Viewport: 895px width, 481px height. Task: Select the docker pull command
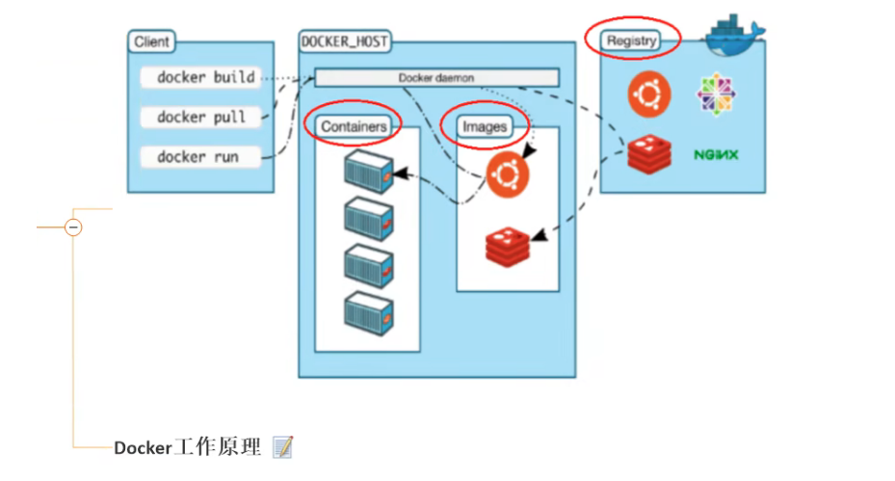201,117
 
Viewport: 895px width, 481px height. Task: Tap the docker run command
197,156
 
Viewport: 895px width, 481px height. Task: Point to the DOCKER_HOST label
345,41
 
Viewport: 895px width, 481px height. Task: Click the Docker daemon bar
436,77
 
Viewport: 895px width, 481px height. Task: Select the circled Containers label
354,126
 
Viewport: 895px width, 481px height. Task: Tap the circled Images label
484,126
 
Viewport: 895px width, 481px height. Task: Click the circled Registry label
632,40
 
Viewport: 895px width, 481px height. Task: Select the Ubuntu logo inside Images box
508,175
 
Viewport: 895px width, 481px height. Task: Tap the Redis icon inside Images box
508,246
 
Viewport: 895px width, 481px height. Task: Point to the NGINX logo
716,154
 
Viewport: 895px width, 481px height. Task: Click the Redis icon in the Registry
648,154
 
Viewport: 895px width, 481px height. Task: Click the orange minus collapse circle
73,227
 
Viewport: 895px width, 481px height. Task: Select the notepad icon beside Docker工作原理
282,447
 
